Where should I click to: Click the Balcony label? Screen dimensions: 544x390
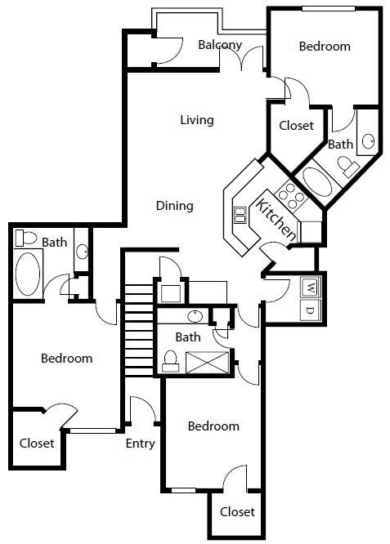[220, 45]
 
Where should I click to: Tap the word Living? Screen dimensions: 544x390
[197, 120]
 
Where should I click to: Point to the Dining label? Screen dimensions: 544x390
[175, 206]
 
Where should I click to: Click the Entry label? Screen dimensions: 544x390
[141, 444]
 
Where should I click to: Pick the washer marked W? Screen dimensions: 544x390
[310, 288]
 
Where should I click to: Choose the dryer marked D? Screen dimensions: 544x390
[310, 310]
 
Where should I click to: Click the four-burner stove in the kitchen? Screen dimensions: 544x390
[290, 194]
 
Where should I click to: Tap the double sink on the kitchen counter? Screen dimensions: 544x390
[240, 215]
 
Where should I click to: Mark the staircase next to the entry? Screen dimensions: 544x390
[139, 327]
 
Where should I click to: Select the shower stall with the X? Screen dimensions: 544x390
[202, 360]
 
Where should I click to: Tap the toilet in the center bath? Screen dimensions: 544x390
[171, 359]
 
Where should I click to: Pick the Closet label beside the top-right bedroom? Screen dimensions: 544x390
[296, 126]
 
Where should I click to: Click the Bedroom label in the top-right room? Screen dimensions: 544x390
[325, 47]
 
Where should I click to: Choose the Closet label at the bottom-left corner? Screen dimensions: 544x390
[37, 444]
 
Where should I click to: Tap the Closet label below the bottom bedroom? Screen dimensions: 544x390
[237, 512]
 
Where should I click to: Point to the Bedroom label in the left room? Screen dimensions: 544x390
[66, 359]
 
